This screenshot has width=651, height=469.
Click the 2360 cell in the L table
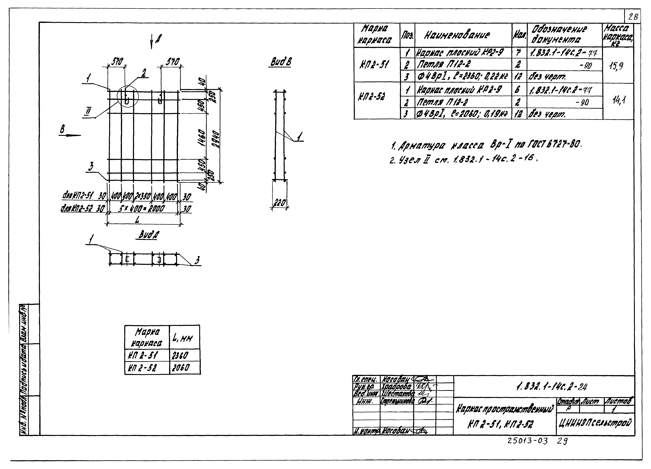(x=180, y=356)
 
